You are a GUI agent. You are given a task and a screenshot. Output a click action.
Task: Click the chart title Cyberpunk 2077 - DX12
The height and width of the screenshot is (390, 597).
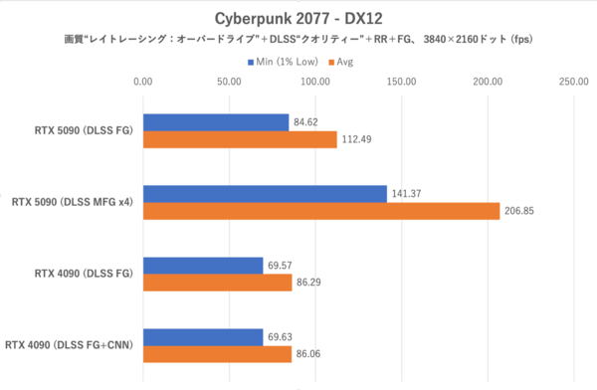(x=298, y=18)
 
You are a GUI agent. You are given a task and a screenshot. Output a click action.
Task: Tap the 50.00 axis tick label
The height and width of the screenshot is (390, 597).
(x=229, y=83)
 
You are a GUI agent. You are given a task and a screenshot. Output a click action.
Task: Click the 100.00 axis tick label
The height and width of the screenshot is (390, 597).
(x=315, y=83)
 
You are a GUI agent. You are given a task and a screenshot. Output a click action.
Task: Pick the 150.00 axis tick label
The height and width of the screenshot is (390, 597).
(x=402, y=83)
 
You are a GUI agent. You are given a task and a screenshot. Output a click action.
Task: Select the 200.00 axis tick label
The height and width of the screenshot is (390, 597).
(x=488, y=83)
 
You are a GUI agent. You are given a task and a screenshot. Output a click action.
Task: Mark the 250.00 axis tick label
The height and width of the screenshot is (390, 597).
(x=574, y=83)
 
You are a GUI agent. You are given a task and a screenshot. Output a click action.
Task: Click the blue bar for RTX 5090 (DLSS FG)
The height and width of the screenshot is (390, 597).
(x=216, y=122)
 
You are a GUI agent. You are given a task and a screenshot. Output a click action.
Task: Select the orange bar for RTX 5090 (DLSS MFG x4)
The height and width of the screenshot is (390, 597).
(x=321, y=211)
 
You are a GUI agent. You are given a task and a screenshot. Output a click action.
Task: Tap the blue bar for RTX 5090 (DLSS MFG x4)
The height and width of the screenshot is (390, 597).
(x=265, y=194)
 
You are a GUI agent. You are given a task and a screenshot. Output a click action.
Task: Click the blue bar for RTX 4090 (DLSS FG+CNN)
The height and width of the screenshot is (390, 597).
(x=203, y=337)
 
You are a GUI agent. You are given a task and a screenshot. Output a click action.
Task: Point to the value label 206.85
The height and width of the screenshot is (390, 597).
(x=521, y=211)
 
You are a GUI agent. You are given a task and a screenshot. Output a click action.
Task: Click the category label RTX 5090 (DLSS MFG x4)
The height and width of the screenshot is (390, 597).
(x=72, y=202)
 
